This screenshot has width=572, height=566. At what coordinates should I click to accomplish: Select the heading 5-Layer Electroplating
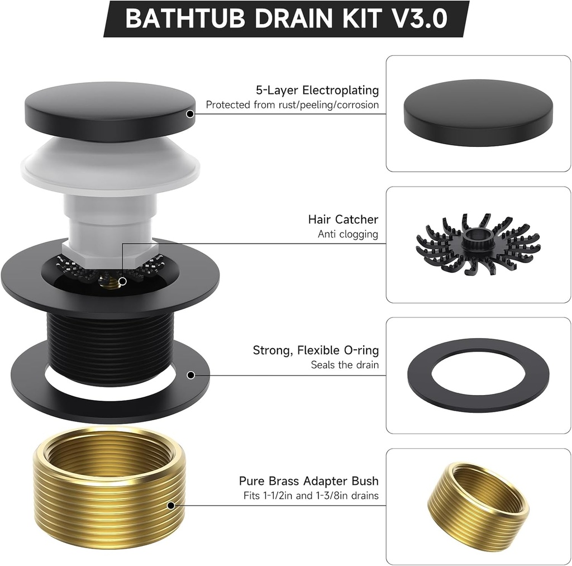(x=317, y=90)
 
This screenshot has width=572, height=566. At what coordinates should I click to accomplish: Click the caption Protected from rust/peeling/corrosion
(x=292, y=105)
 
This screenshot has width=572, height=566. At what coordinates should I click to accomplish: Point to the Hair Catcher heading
(x=343, y=220)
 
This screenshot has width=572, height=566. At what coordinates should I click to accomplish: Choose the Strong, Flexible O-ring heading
(x=316, y=350)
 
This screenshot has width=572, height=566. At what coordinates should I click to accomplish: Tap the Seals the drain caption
(x=345, y=365)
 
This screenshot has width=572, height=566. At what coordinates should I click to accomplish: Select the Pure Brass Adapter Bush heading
(x=308, y=481)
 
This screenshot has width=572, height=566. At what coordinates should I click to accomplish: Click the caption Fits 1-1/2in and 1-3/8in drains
(x=311, y=496)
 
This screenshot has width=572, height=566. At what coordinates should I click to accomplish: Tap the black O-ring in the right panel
(x=478, y=375)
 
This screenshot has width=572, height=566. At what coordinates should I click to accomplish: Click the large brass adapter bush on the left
(x=110, y=486)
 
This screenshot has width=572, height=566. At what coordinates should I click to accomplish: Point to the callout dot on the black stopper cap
(x=190, y=113)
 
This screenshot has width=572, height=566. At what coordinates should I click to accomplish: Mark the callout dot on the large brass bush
(x=171, y=506)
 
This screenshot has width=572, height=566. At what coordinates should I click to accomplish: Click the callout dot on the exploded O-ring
(x=191, y=375)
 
